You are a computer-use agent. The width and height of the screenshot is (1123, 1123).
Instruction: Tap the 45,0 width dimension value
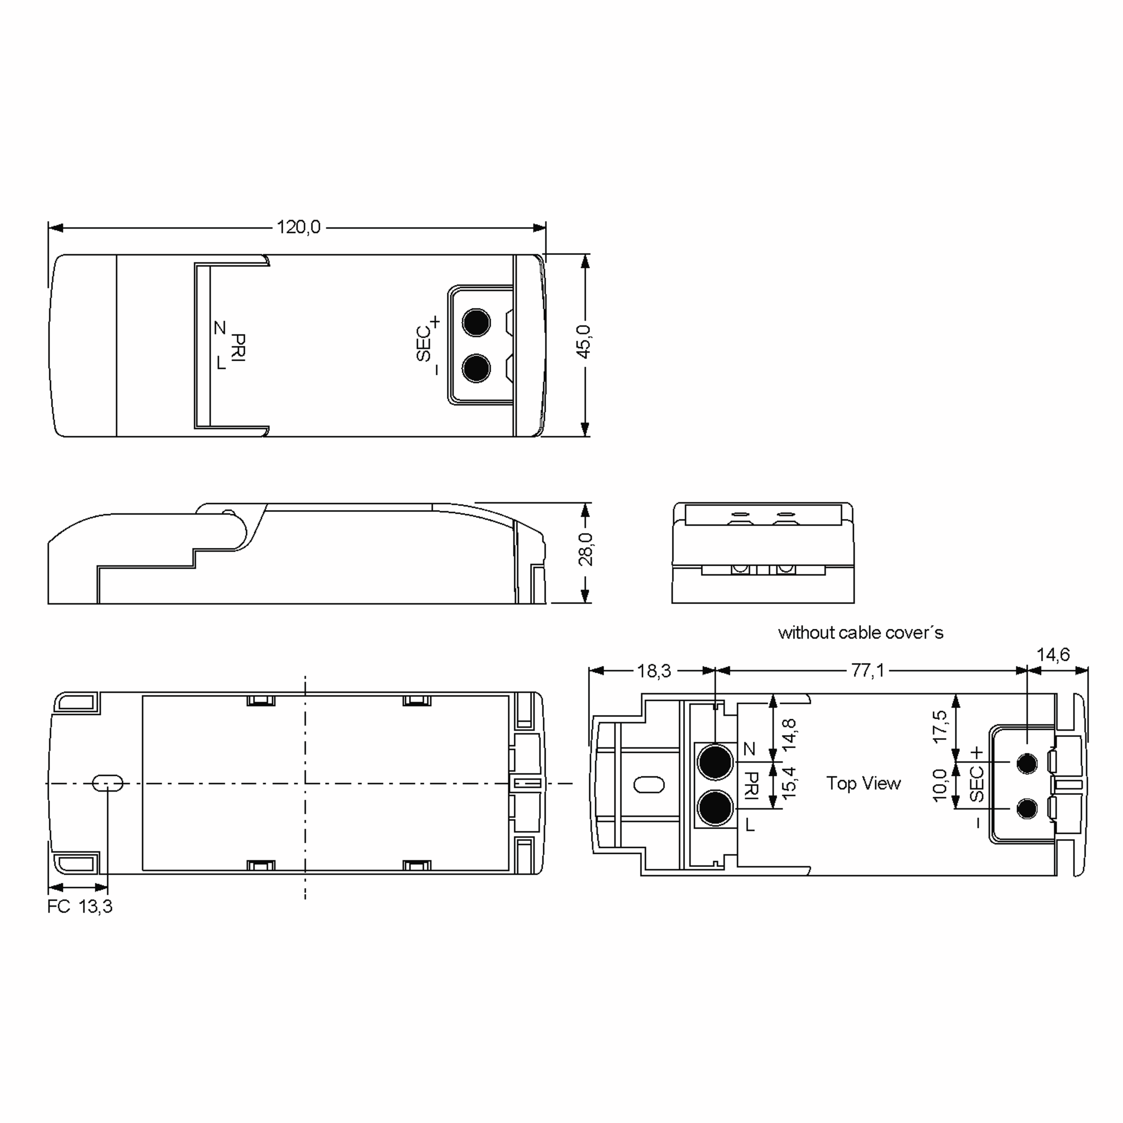[x=584, y=341]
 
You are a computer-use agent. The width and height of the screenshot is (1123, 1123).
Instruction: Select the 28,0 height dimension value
[x=585, y=549]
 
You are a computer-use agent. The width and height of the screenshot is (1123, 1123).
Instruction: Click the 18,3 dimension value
[x=654, y=671]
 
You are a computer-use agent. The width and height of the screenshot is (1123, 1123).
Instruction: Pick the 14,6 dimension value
[x=1053, y=655]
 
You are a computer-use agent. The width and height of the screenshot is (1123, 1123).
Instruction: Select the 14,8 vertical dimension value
[x=789, y=735]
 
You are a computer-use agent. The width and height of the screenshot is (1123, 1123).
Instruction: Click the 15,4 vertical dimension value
[x=789, y=783]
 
